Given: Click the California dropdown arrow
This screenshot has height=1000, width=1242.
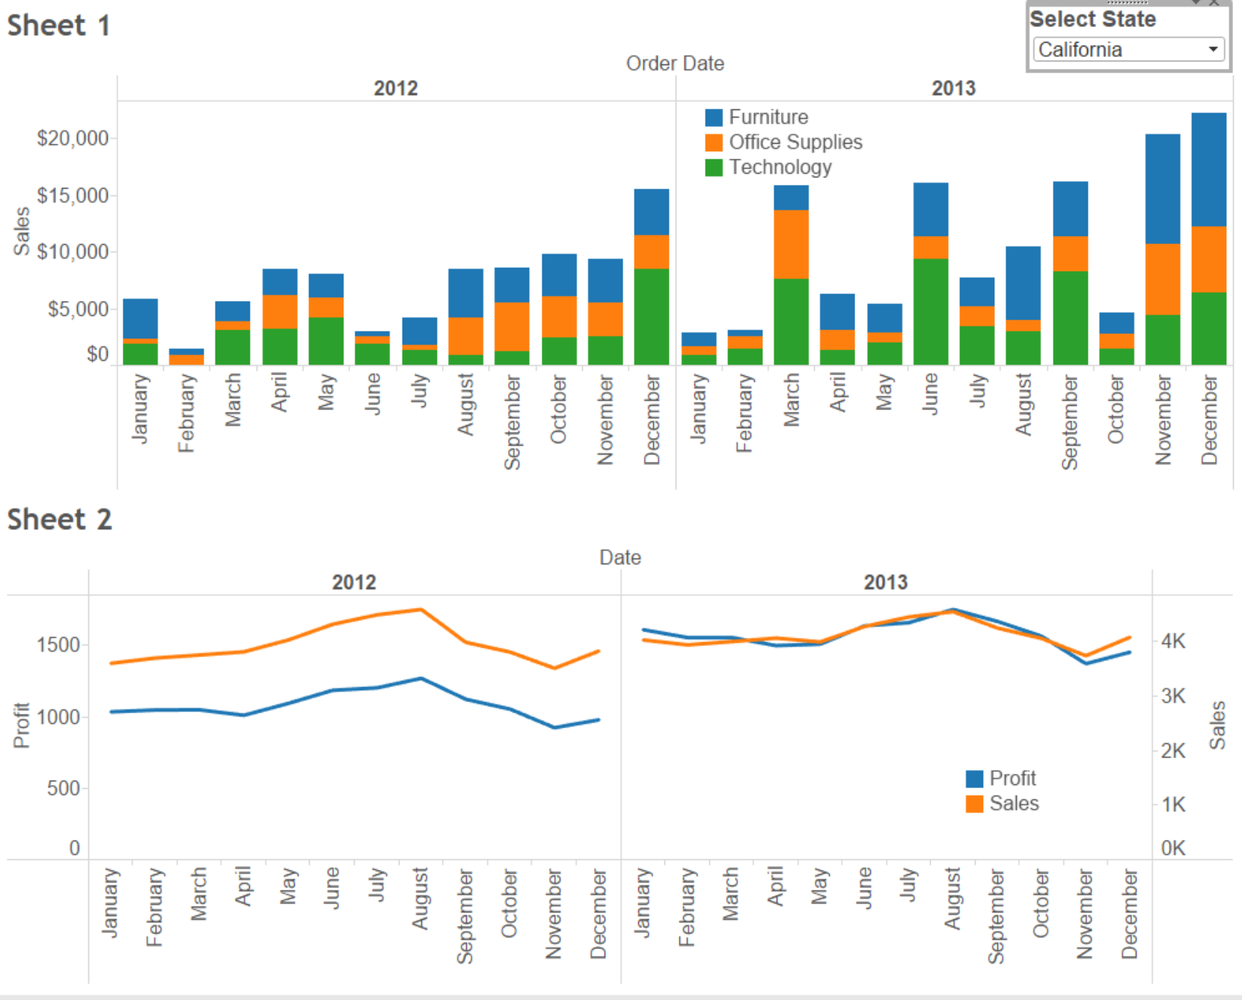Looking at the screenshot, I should point(1213,49).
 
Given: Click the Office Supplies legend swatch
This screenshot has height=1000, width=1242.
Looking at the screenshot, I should point(714,142).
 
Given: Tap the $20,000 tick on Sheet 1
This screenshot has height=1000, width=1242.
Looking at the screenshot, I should point(73,138).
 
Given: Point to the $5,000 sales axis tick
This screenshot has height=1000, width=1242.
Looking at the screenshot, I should point(78,309).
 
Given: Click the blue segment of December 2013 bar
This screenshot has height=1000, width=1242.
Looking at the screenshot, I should point(1208,169).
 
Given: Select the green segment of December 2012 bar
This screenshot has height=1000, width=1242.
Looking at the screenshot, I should point(651,317).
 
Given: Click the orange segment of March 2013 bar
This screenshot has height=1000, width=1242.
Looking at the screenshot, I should point(791,244).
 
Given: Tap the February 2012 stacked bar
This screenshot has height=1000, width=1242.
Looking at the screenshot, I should point(186,357).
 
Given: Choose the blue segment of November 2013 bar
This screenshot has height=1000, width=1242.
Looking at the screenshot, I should point(1162,189).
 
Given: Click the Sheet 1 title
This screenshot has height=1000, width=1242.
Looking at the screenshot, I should point(58,25).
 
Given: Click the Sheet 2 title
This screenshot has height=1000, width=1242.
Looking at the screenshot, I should point(59,519).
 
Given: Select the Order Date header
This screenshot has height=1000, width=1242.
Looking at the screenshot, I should point(675,64).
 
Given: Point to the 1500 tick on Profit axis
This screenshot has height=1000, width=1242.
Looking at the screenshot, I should point(58,645).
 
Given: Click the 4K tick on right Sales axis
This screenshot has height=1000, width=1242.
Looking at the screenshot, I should point(1173,641).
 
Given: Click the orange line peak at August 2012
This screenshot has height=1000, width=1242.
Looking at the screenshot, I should point(421,610).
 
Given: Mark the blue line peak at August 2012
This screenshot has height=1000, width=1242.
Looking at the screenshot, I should point(421,679).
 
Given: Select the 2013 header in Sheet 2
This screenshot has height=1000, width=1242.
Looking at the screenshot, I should point(885,582).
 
